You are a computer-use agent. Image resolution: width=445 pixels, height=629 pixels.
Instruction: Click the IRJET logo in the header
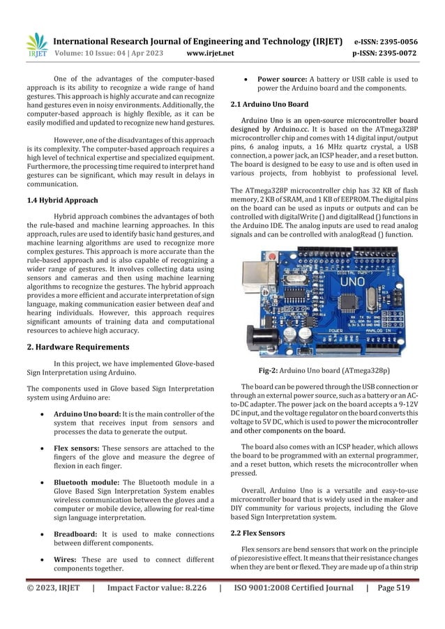click(x=37, y=43)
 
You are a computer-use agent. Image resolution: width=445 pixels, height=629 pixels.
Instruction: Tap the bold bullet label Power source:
click(x=282, y=79)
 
